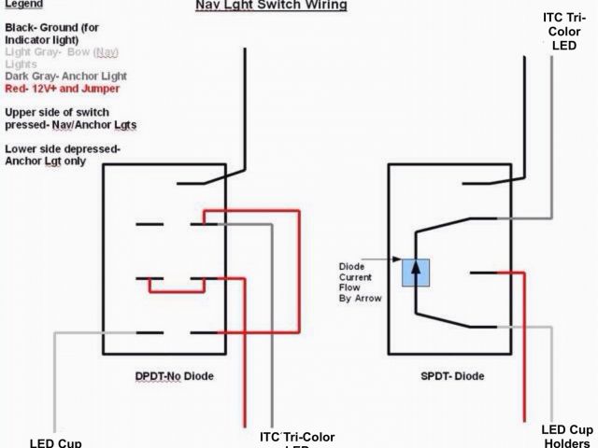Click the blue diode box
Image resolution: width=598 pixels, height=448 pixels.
click(415, 271)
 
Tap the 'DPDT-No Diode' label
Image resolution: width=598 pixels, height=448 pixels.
click(174, 375)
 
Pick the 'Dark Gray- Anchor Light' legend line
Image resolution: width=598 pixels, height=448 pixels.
click(65, 76)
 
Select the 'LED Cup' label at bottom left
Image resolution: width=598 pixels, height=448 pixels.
click(56, 441)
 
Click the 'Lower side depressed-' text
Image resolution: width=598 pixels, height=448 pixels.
click(63, 148)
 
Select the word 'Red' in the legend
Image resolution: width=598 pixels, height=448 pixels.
click(15, 90)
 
